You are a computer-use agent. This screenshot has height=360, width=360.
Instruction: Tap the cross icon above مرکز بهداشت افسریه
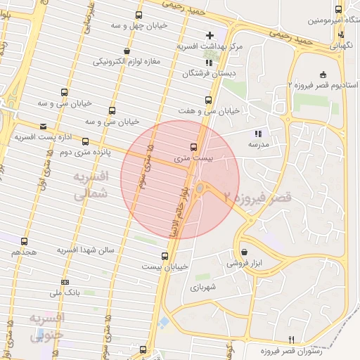coord(210,34)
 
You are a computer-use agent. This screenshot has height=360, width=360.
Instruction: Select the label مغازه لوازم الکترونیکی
coord(127,61)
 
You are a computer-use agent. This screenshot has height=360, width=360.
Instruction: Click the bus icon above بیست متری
coord(193,147)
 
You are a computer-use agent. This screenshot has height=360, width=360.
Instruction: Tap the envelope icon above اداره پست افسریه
coord(44,127)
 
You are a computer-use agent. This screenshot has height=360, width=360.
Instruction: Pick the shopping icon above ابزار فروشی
coord(244,252)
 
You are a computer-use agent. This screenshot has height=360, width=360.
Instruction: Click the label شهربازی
coord(202,287)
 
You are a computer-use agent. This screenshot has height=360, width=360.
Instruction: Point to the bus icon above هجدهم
coord(25,241)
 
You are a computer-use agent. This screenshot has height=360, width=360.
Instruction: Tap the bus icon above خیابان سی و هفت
coord(207,100)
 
